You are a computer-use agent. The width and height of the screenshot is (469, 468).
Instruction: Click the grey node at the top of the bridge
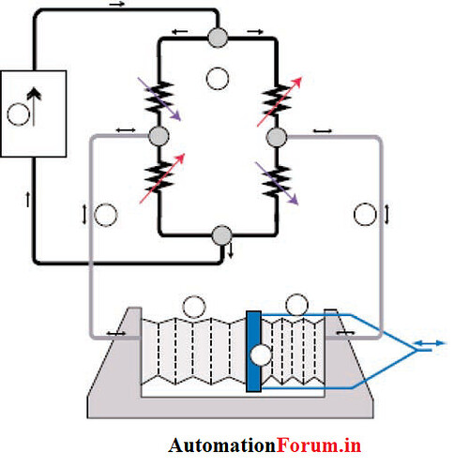coord(218,38)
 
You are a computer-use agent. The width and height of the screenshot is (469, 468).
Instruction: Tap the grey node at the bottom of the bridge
coord(222,235)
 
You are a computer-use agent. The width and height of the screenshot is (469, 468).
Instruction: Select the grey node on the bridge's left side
coord(159,136)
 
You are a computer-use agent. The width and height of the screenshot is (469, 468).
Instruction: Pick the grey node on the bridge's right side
coord(277,137)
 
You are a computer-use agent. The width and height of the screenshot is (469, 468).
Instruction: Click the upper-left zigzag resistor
coord(159,97)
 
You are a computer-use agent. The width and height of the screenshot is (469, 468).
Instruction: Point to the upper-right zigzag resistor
coord(277,100)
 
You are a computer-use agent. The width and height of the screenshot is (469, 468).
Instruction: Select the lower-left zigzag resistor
coord(159,176)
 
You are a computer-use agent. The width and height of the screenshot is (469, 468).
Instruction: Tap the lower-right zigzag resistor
coord(277,181)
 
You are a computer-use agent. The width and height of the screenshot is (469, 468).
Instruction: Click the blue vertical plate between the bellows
coord(253,351)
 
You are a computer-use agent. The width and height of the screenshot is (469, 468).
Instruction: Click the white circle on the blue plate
coord(261,355)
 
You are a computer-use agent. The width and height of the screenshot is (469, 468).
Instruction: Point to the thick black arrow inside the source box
coord(34,106)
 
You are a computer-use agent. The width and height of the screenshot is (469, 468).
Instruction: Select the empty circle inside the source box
coord(18,114)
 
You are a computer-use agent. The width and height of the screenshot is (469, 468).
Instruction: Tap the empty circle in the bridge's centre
coord(218,79)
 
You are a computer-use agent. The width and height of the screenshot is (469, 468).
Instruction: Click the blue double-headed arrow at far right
coord(429,343)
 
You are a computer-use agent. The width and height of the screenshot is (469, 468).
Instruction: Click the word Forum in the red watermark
coord(308,445)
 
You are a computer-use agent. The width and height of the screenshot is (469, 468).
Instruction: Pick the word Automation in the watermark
coord(222,445)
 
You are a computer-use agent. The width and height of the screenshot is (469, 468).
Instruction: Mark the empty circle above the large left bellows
coord(194,307)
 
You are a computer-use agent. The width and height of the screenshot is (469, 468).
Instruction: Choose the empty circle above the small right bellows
coord(297,305)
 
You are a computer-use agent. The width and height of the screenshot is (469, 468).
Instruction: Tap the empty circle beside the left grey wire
coord(106,215)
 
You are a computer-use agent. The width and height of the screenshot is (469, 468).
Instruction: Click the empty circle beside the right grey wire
coord(365,214)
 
